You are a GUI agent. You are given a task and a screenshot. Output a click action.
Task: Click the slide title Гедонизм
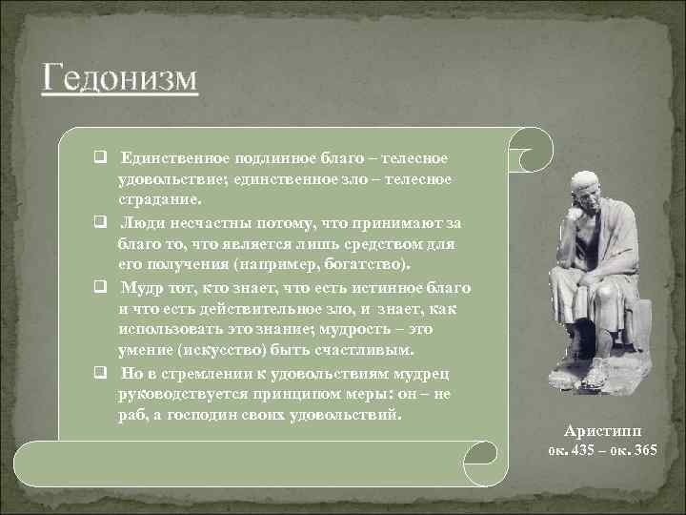pos(119,76)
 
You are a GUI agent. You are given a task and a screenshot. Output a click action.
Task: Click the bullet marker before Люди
pos(99,222)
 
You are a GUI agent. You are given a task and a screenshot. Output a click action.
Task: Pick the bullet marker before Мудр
pos(99,288)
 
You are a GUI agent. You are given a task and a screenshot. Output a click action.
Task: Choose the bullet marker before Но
pos(99,373)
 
